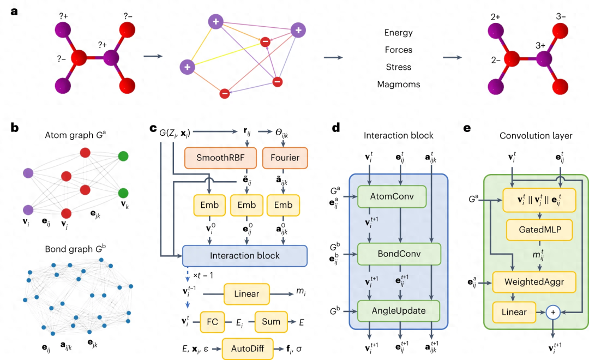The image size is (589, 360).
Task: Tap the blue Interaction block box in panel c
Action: pyautogui.click(x=245, y=255)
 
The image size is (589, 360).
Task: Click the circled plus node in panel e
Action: pyautogui.click(x=554, y=312)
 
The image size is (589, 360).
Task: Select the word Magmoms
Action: pyautogui.click(x=398, y=85)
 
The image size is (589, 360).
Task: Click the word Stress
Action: pyautogui.click(x=398, y=67)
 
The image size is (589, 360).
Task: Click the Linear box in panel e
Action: pyautogui.click(x=514, y=312)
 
